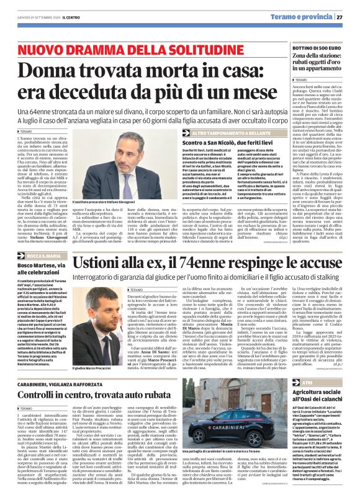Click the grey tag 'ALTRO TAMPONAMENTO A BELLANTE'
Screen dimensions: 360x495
click(x=232, y=133)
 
